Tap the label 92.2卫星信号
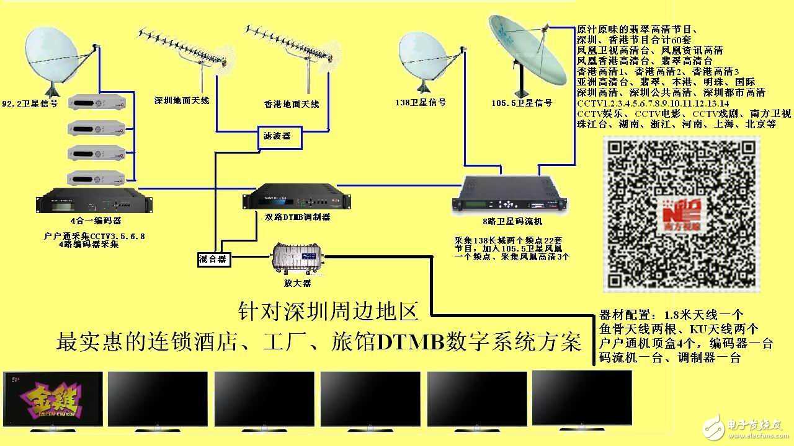click(x=30, y=103)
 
